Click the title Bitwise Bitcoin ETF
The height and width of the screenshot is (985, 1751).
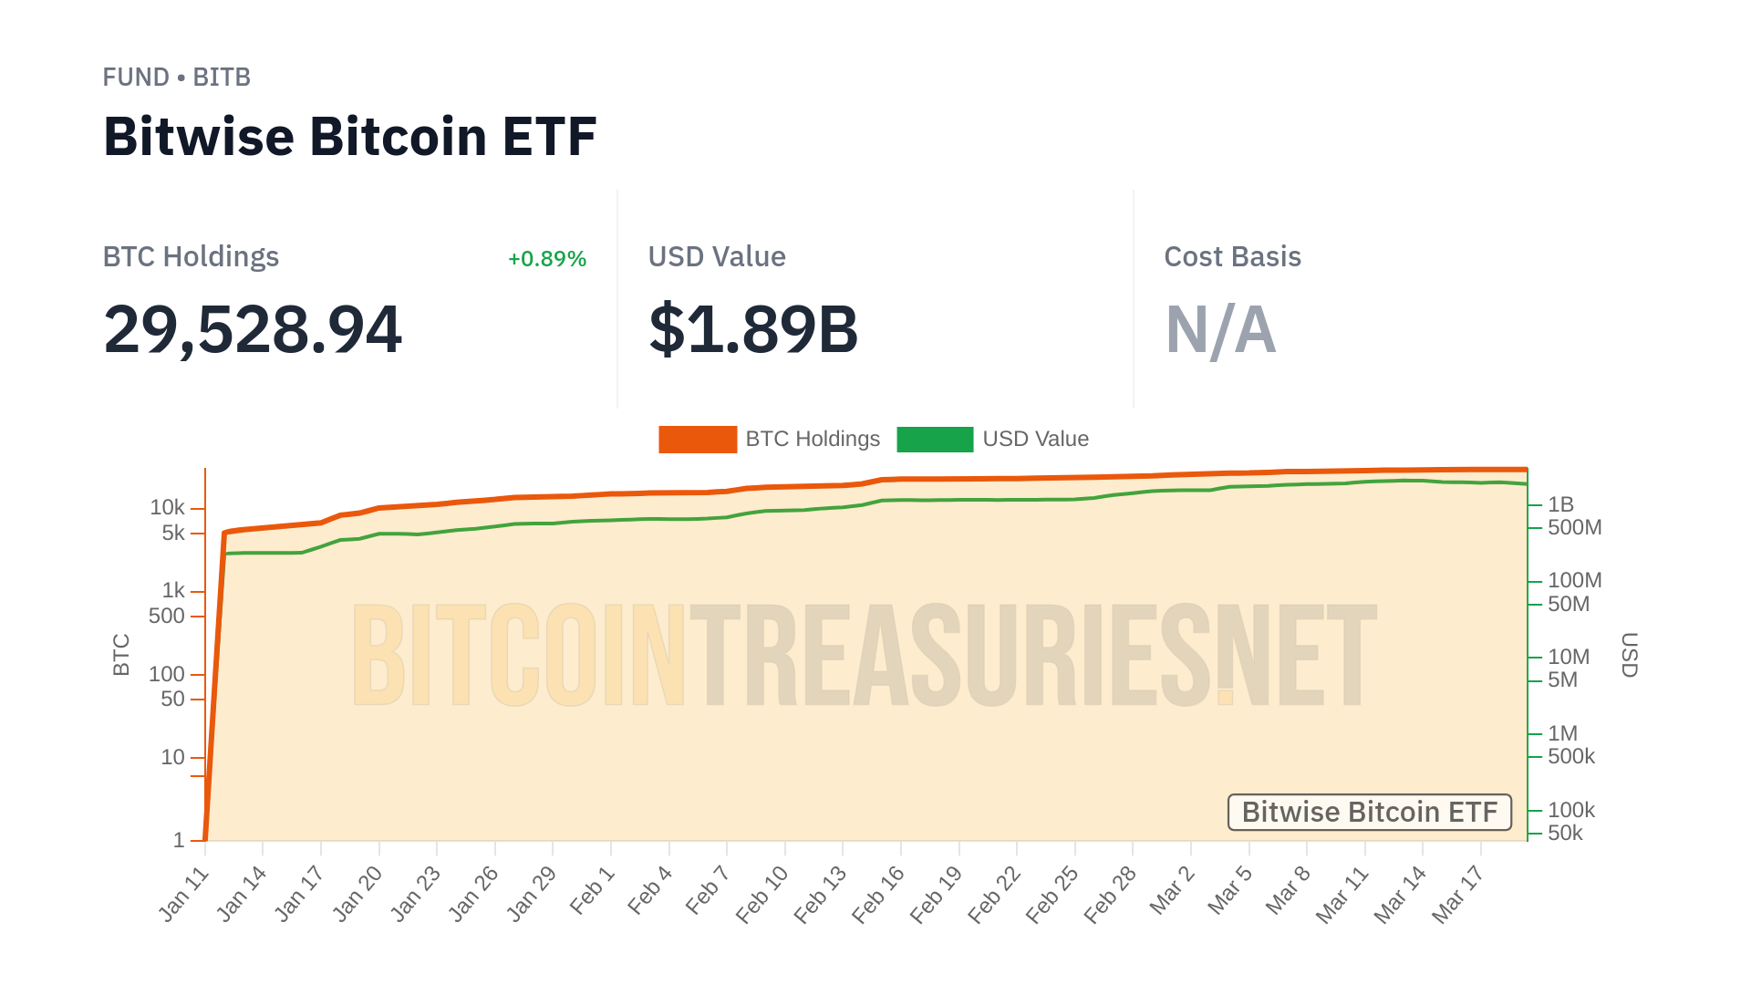[x=349, y=137]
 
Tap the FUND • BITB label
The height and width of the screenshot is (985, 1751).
[x=176, y=78]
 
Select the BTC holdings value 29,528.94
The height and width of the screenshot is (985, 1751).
[x=253, y=329]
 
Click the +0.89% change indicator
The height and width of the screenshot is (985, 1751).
[x=546, y=259]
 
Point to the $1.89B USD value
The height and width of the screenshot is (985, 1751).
[x=753, y=329]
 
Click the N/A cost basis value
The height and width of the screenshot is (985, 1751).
[x=1220, y=329]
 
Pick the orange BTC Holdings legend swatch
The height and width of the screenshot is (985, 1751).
[x=698, y=440]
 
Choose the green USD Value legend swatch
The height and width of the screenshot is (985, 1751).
[x=935, y=440]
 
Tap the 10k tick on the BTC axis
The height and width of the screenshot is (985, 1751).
[x=168, y=507]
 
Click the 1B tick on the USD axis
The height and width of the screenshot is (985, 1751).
[x=1560, y=504]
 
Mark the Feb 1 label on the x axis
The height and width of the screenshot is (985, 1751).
[x=593, y=891]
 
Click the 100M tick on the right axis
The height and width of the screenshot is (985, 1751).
[x=1574, y=580]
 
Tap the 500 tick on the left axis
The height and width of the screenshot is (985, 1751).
[x=167, y=616]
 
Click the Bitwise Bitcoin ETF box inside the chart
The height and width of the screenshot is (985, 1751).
[x=1369, y=812]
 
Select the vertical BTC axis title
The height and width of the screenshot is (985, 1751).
[x=121, y=655]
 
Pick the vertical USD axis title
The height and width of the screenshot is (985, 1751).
[x=1629, y=655]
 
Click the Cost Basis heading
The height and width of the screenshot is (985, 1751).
[x=1232, y=257]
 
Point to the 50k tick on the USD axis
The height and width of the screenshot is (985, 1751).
[x=1565, y=833]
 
